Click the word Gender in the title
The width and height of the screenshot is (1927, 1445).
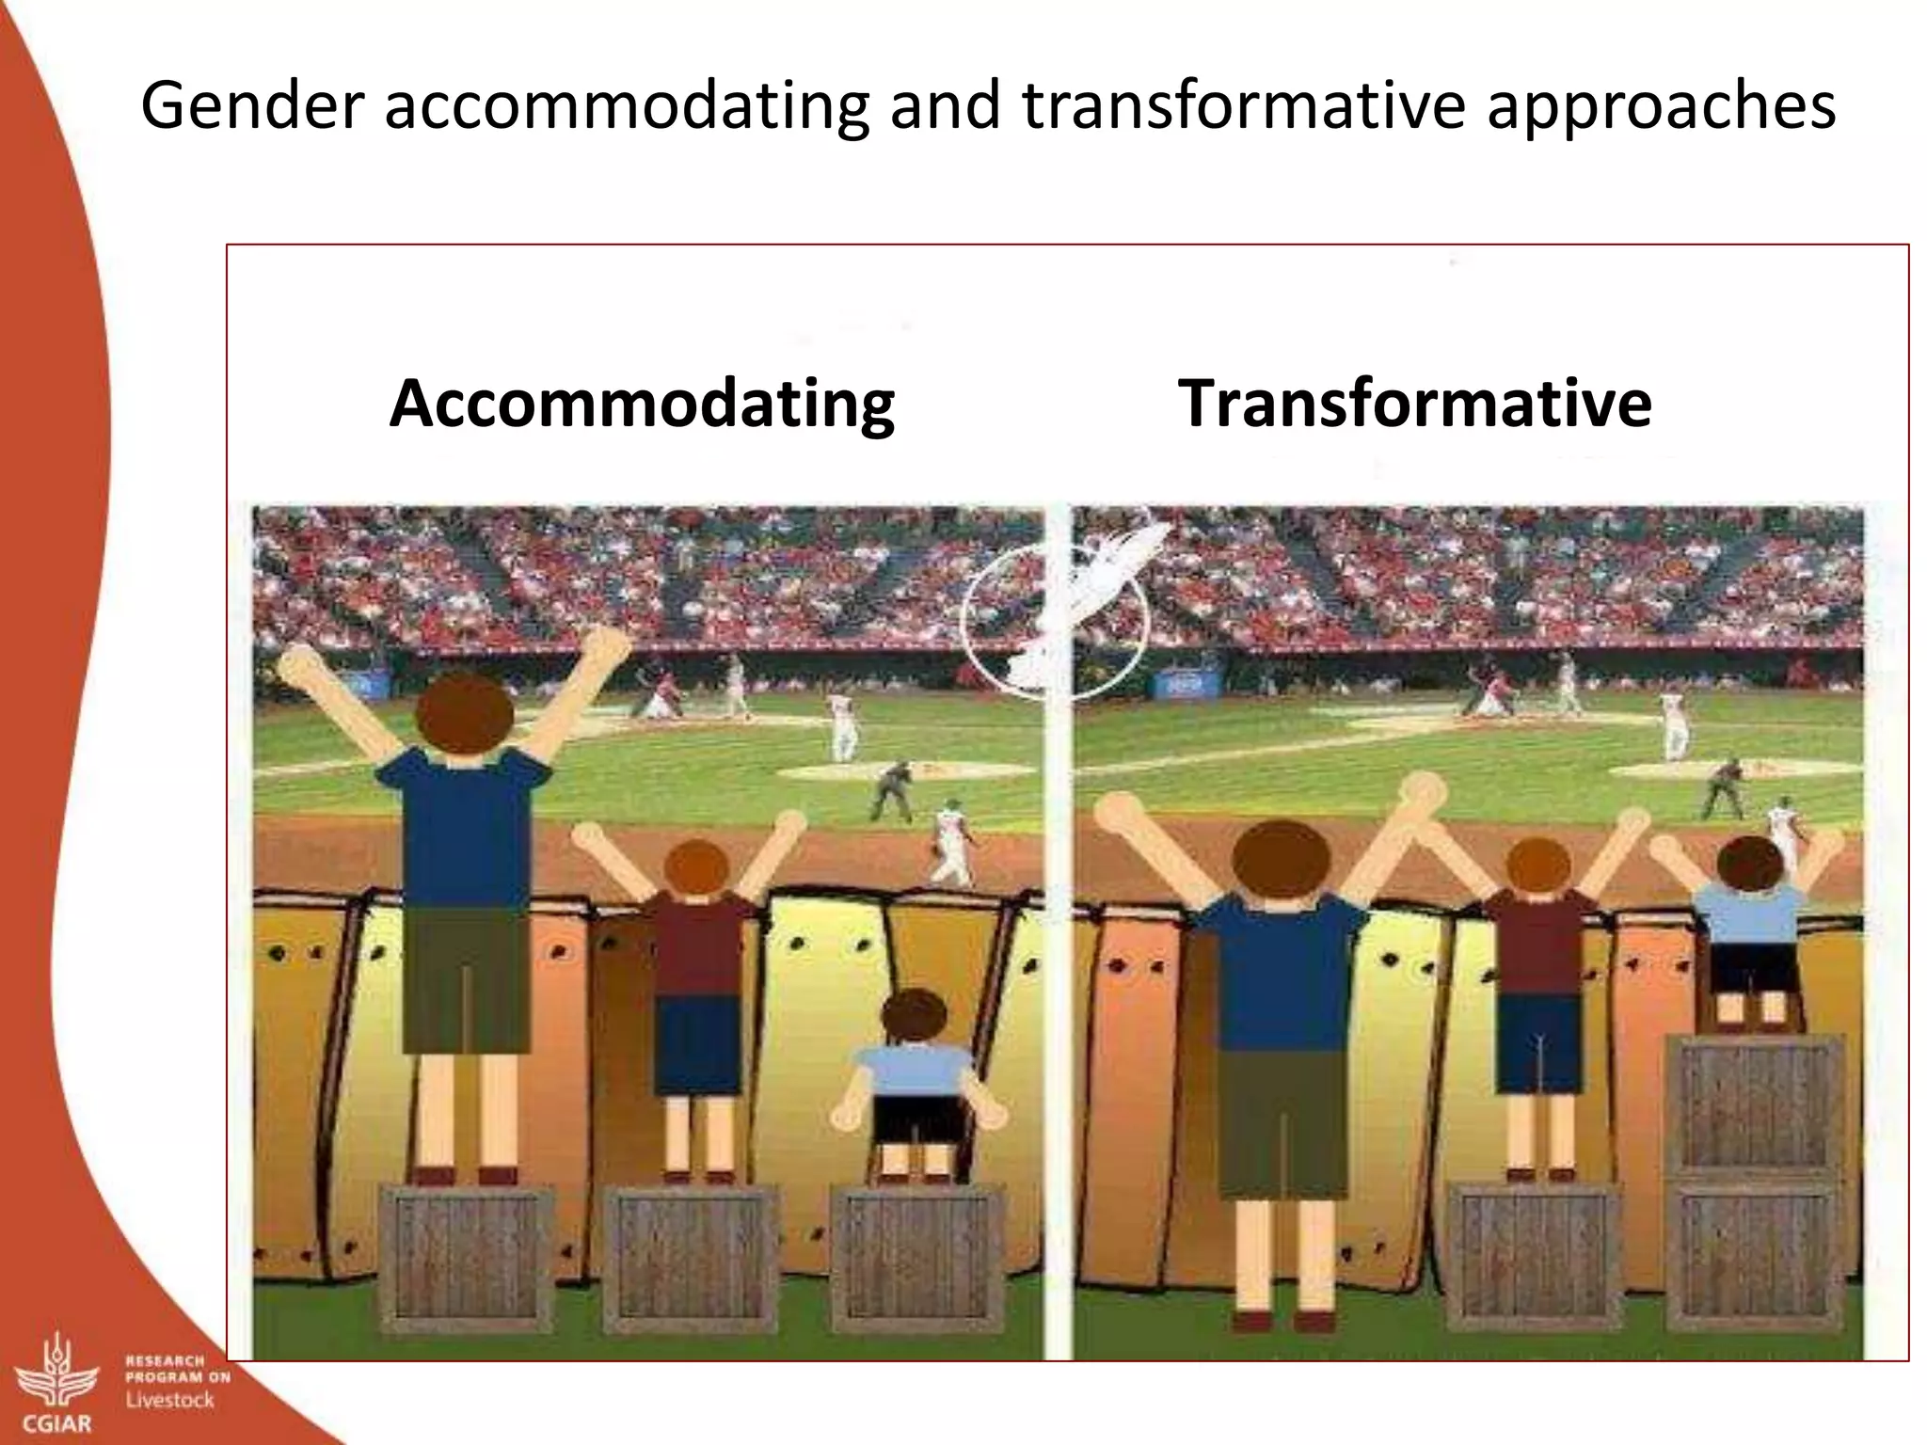point(251,105)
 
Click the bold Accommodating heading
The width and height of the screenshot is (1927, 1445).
point(642,404)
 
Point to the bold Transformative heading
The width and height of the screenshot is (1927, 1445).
point(1414,404)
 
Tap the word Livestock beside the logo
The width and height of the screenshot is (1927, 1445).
point(170,1400)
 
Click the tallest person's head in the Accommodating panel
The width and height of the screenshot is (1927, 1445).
point(465,712)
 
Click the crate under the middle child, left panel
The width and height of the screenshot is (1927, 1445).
point(691,1259)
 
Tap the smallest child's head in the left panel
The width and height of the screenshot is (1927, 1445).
point(916,1016)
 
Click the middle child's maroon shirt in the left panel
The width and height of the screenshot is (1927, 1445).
point(697,945)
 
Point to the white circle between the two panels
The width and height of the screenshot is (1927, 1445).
point(1054,621)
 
